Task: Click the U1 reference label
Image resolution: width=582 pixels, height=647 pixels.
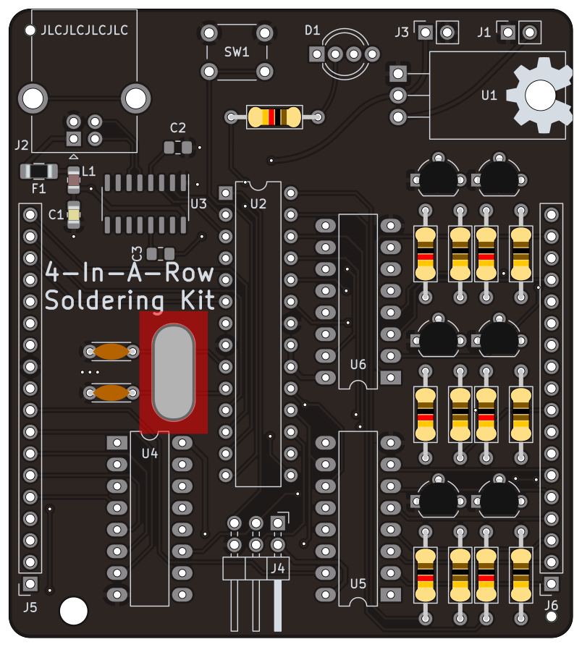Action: click(x=489, y=95)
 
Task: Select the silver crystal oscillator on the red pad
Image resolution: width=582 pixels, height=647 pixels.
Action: click(x=173, y=373)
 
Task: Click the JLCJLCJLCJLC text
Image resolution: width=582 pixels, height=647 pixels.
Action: click(x=85, y=30)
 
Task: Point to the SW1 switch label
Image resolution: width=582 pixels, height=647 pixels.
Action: click(x=237, y=52)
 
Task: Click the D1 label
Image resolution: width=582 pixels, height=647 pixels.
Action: click(x=312, y=30)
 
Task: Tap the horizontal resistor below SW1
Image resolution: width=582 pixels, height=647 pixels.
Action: click(x=274, y=117)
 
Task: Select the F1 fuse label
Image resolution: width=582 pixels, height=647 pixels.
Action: click(x=38, y=189)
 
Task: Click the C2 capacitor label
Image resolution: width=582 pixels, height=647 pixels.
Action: click(x=178, y=128)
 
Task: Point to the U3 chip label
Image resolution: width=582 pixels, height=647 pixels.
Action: click(x=198, y=205)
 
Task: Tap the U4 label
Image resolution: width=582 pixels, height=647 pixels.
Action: click(x=150, y=454)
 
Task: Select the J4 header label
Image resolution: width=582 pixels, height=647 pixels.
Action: click(x=278, y=569)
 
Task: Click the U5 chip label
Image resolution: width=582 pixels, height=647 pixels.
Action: click(x=358, y=583)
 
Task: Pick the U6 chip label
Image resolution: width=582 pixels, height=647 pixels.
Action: click(x=358, y=365)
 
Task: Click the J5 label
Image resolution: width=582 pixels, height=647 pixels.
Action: click(x=30, y=607)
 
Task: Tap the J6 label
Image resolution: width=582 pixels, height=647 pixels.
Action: click(x=551, y=606)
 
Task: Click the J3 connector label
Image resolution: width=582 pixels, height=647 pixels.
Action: click(x=402, y=32)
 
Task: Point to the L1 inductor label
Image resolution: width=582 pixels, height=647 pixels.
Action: click(x=88, y=172)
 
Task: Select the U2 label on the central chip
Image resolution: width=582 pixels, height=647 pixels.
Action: click(x=258, y=204)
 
